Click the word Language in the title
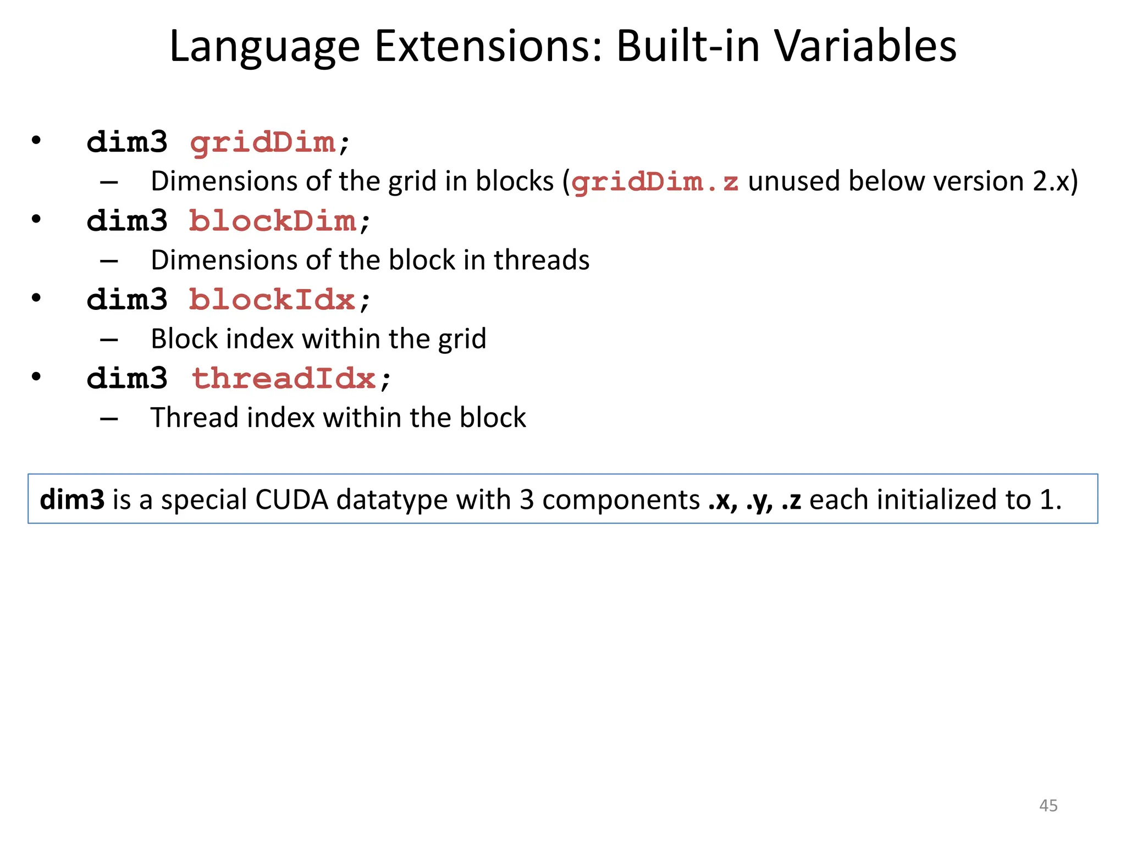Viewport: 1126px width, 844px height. coord(264,47)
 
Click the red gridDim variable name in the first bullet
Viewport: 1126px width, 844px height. coord(263,142)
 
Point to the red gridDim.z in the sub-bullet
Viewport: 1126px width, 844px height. coord(655,182)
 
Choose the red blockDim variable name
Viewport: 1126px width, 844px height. coord(273,221)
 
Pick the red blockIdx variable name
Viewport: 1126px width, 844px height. coord(272,300)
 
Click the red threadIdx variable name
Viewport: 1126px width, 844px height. coord(284,379)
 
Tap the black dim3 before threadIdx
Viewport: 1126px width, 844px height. coord(127,379)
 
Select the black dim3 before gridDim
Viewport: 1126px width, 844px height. coord(127,142)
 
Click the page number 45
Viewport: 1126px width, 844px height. coord(1048,806)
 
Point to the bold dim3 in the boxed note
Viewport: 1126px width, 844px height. coord(72,499)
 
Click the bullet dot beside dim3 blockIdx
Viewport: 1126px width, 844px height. coord(36,298)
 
